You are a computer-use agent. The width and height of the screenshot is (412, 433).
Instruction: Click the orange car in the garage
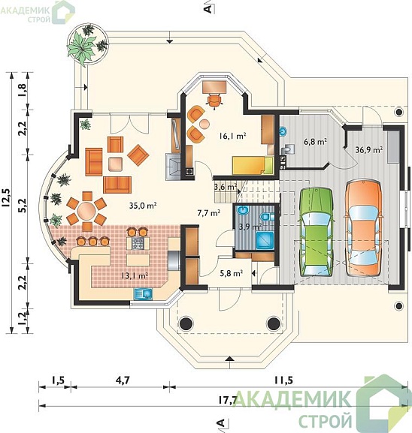point(364,228)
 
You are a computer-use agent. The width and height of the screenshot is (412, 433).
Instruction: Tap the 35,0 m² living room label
point(143,205)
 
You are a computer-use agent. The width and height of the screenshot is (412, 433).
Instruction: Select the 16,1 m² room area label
point(232,136)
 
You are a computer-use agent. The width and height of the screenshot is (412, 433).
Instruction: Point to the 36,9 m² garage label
point(369,150)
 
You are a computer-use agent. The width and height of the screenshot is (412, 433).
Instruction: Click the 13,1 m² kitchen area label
point(135,275)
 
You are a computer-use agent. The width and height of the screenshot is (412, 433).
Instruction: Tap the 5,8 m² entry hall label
point(232,273)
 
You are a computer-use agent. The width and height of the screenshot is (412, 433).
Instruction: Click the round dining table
point(86,211)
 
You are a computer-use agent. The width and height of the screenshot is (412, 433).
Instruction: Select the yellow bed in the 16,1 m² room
point(253,165)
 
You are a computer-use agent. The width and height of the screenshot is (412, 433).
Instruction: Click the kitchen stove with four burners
point(138,243)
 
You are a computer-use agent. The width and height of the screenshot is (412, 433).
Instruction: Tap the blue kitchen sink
point(143,294)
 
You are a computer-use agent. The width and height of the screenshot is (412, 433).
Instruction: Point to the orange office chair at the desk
point(214,101)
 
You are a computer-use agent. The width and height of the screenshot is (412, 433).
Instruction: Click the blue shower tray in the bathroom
point(265,240)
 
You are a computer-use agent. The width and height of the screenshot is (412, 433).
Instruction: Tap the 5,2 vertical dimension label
point(23,205)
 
